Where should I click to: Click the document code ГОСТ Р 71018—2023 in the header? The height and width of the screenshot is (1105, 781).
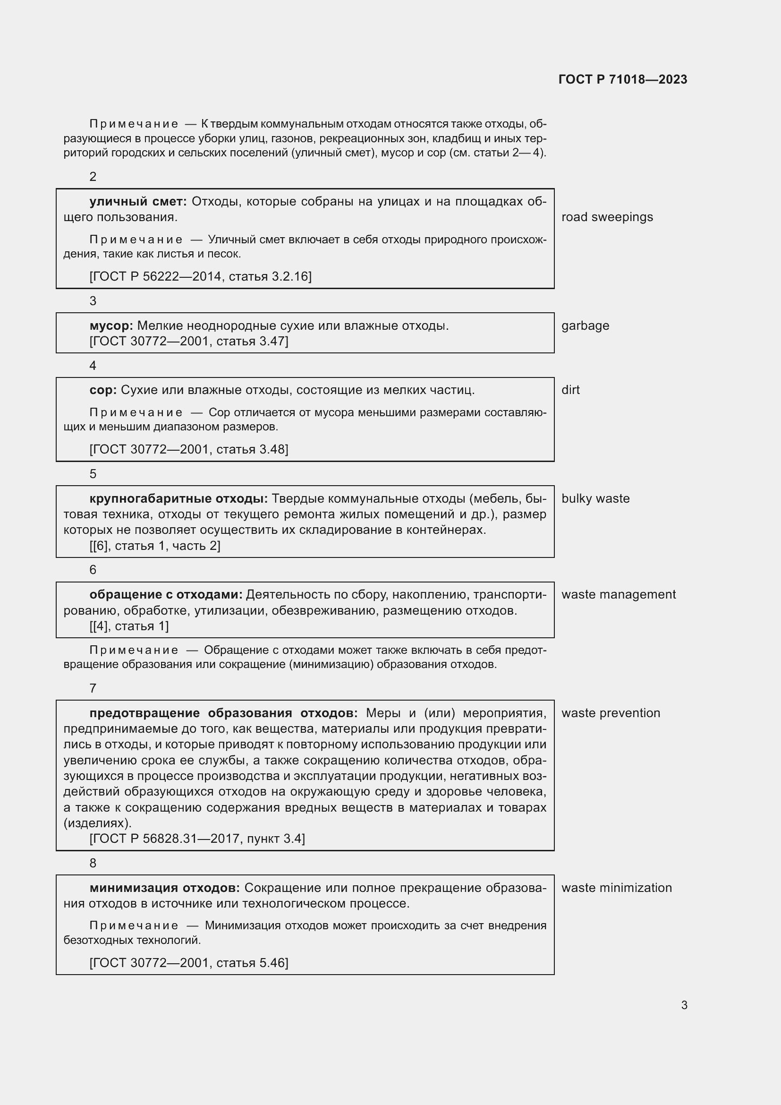coord(623,79)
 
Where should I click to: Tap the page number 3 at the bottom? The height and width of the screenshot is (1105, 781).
coord(684,1005)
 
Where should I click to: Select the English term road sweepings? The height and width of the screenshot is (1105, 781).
coord(607,217)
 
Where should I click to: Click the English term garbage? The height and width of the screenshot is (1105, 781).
coord(585,326)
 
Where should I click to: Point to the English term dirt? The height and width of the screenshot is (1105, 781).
coord(570,390)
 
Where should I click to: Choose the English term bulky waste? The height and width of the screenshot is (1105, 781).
coord(595,498)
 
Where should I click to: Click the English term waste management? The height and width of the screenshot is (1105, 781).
coord(619,594)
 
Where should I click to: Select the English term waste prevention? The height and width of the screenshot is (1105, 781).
coord(611,713)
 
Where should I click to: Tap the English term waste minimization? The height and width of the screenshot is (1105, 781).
coord(617,888)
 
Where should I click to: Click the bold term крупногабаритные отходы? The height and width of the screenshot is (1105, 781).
coord(178,498)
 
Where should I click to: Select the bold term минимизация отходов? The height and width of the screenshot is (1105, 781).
coord(164,888)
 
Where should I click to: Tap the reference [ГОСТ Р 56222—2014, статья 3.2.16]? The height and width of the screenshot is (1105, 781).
coord(201,276)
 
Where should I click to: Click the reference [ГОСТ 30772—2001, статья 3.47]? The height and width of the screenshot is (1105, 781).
coord(189,341)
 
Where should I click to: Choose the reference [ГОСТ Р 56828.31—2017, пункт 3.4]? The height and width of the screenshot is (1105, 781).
coord(197,839)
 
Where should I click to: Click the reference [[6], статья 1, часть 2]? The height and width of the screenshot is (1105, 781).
coord(155,546)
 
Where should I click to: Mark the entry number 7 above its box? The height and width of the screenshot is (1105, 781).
coord(93,688)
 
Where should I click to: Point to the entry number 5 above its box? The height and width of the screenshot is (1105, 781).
coord(93,474)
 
